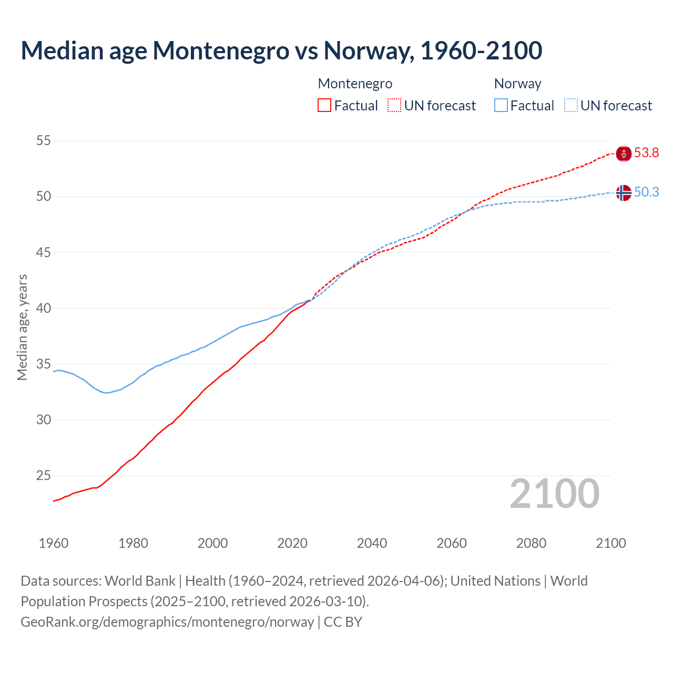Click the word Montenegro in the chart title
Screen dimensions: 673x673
click(221, 50)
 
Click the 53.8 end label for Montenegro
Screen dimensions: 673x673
click(646, 153)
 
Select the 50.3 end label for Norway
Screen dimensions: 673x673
click(646, 192)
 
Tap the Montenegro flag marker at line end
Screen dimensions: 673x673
click(624, 154)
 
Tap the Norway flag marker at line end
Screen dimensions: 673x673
click(624, 193)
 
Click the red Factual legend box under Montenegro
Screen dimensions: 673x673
click(324, 106)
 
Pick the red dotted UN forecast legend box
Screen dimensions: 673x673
click(394, 106)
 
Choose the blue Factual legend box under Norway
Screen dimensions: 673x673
click(501, 106)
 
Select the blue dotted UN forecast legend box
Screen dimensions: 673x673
click(571, 106)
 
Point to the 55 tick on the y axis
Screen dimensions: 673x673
click(44, 140)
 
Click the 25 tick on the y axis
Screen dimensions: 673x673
click(44, 476)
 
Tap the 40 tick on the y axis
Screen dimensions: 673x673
click(44, 308)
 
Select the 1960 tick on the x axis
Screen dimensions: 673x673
click(54, 543)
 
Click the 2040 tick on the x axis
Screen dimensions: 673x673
click(372, 543)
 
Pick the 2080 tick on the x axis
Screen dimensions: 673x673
click(531, 543)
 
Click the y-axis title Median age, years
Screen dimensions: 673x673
click(22, 327)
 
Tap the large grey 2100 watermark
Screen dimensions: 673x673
click(555, 493)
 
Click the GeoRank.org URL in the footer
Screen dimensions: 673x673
click(167, 622)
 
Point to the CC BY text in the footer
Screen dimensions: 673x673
click(343, 622)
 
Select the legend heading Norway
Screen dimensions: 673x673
click(517, 84)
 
